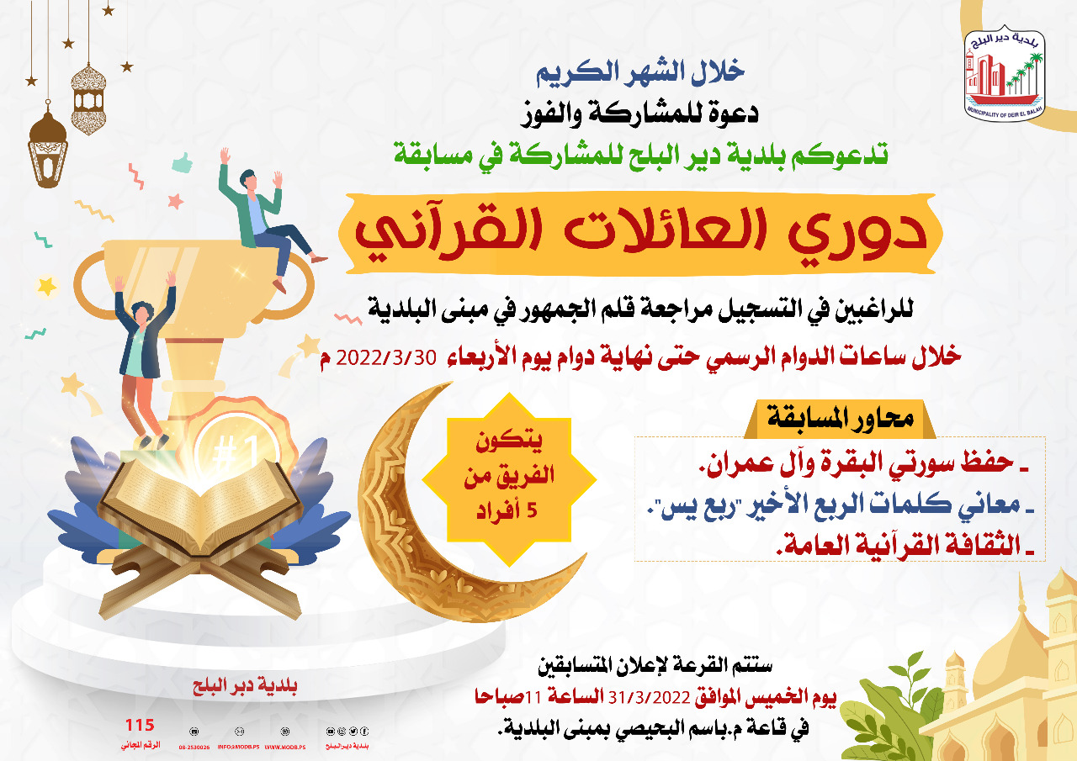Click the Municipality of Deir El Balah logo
click(1005, 74)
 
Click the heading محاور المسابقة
click(845, 418)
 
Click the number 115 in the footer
click(140, 726)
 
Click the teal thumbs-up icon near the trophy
click(182, 161)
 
